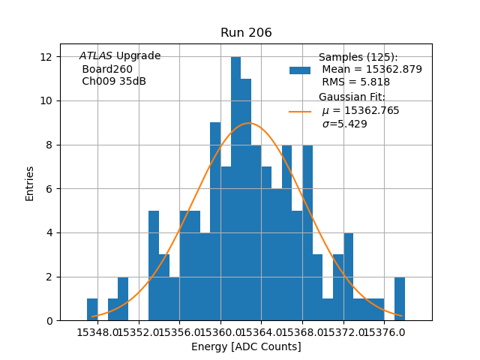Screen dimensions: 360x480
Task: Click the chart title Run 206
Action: click(246, 33)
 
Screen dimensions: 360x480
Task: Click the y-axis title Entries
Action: click(30, 182)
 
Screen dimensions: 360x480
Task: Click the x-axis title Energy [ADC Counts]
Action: click(246, 346)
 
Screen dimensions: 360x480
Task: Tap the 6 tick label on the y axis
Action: click(49, 189)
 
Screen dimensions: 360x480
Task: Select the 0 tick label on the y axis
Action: click(49, 321)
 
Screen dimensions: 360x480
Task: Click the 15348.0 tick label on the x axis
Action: click(97, 332)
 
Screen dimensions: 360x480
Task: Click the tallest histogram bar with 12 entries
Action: click(235, 187)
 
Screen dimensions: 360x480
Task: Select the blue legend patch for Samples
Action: click(300, 70)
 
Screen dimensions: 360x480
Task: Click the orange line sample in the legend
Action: click(300, 112)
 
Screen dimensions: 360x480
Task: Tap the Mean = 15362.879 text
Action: click(371, 70)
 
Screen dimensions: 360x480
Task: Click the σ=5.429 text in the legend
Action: click(344, 124)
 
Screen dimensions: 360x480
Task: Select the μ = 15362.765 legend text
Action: click(360, 111)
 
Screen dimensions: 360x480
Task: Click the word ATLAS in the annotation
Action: click(95, 56)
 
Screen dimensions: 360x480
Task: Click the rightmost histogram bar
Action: click(400, 298)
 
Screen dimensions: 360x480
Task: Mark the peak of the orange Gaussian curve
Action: click(249, 123)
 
